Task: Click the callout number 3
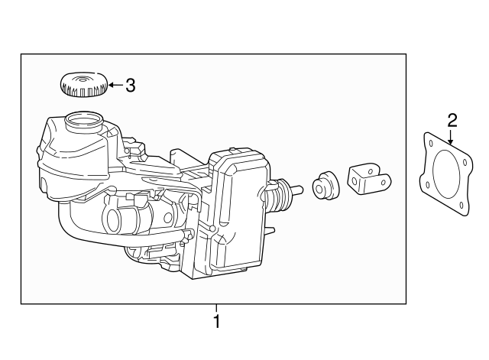(130, 86)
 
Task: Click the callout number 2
(452, 120)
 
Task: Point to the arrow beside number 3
(114, 85)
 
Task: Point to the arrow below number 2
(452, 138)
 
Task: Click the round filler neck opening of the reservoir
(82, 119)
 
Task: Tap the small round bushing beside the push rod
(325, 186)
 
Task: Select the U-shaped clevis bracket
(369, 181)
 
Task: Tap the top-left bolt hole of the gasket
(432, 144)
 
